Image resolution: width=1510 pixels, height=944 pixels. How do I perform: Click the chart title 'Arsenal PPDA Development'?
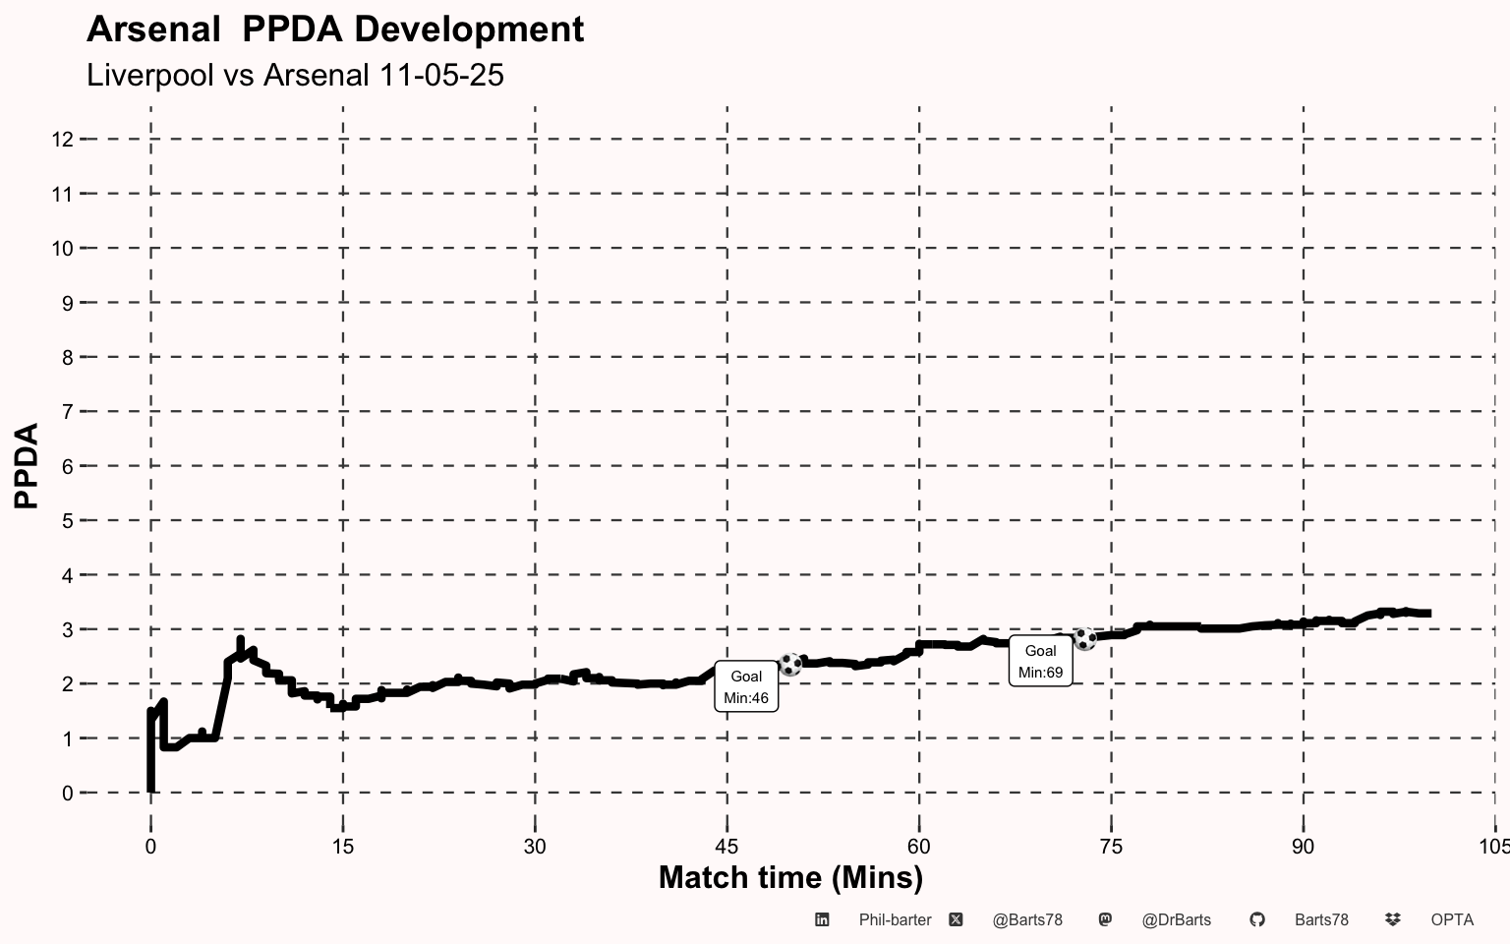tap(335, 29)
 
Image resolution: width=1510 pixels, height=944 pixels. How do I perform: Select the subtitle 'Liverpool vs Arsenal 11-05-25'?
tap(295, 75)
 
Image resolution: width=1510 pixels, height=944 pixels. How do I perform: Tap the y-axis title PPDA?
tap(27, 465)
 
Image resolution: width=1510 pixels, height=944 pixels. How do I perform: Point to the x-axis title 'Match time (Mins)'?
tap(790, 877)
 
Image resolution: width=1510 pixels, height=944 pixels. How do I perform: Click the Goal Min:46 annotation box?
tap(746, 686)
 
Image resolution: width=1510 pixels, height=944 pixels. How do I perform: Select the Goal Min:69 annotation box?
tap(1040, 662)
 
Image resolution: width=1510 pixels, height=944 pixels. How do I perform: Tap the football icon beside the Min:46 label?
tap(790, 664)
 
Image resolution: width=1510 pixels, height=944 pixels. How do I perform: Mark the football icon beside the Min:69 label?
tap(1084, 639)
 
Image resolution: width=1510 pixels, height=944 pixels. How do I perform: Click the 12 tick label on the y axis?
tap(62, 140)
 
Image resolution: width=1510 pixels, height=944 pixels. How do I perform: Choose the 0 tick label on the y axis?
tap(67, 793)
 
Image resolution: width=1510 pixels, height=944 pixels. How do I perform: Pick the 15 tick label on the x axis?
tap(342, 847)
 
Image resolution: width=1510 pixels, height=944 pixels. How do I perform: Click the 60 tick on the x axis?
tap(918, 847)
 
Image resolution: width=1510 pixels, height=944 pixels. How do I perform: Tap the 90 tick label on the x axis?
tap(1303, 847)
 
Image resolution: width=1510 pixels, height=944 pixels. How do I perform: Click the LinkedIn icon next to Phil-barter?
tap(822, 919)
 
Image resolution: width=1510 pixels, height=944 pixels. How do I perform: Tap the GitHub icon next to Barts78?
tap(1256, 919)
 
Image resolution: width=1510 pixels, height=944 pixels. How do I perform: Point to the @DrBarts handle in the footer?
tap(1176, 920)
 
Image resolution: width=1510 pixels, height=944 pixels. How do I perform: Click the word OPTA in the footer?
tap(1452, 920)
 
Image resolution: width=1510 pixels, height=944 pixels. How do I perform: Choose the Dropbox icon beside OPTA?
tap(1392, 919)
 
